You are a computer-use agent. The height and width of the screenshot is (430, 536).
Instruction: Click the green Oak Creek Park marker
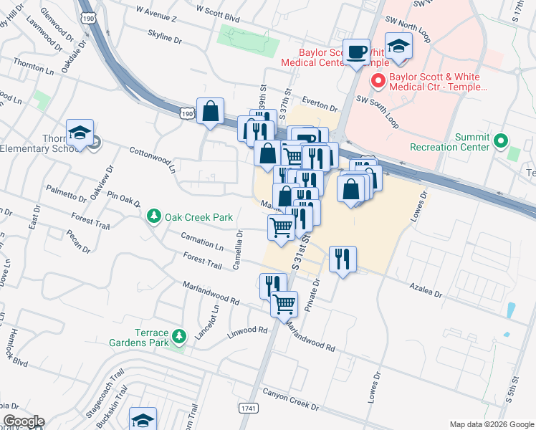click(x=153, y=216)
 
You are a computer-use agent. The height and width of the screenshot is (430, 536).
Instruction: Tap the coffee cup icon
click(x=356, y=52)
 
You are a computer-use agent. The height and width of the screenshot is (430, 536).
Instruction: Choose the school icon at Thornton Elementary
click(x=80, y=133)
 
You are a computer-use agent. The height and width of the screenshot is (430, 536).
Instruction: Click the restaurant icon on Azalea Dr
click(x=343, y=259)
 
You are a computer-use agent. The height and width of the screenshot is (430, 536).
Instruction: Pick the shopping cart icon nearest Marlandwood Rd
click(x=284, y=303)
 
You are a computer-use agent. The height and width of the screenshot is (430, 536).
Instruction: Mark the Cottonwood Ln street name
click(x=152, y=161)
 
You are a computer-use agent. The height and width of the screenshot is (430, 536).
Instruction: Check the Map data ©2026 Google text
click(x=491, y=424)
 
